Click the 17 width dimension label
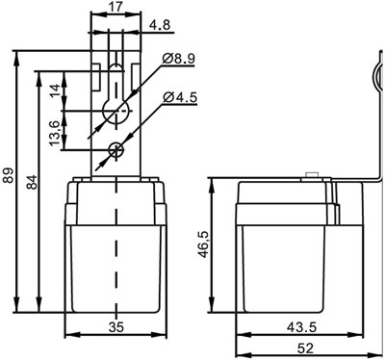click(x=115, y=7)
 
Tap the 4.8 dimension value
click(x=161, y=25)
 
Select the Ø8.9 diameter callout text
click(x=179, y=59)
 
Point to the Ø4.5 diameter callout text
click(x=180, y=97)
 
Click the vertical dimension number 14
click(x=55, y=90)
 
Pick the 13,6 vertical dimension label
click(x=55, y=133)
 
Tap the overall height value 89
click(x=8, y=175)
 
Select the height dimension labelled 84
click(x=32, y=182)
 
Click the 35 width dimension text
click(x=115, y=327)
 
